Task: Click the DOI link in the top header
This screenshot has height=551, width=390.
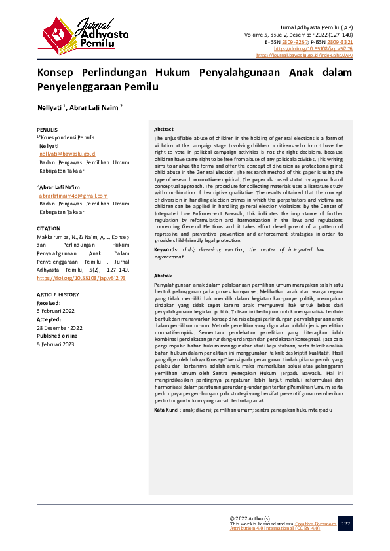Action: [x=322, y=48]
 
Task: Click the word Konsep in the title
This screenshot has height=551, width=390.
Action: [x=56, y=73]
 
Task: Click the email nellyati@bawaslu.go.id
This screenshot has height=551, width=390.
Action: [x=68, y=153]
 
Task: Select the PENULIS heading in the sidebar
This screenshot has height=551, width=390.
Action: [x=47, y=130]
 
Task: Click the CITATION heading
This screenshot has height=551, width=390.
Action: [x=49, y=228]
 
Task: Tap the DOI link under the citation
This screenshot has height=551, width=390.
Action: [x=81, y=278]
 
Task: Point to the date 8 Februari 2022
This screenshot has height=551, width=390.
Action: [x=55, y=311]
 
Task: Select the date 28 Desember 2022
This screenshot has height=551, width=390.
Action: [x=60, y=327]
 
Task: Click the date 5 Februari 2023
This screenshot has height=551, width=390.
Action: [x=55, y=344]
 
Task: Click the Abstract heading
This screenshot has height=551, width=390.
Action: [x=164, y=130]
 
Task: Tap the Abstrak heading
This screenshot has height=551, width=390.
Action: [x=163, y=277]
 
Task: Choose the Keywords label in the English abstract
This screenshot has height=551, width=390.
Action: [x=166, y=249]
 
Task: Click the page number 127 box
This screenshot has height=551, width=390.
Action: [x=345, y=524]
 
